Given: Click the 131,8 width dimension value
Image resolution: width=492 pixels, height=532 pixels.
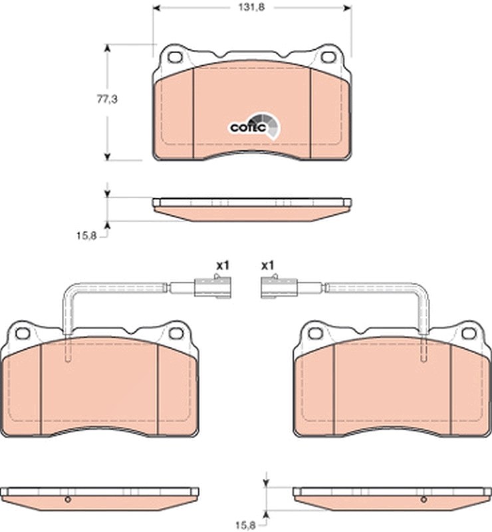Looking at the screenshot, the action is (x=251, y=7).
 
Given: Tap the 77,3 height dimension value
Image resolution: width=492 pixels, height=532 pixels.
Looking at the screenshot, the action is (x=107, y=99).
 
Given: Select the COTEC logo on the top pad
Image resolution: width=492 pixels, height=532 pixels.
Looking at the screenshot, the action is (x=255, y=126).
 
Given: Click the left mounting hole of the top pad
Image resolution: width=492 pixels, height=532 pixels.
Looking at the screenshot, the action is (x=175, y=57).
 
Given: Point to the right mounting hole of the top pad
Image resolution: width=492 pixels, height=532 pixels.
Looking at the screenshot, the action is (x=328, y=57).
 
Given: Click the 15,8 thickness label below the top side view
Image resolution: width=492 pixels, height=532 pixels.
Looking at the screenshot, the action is (x=86, y=235).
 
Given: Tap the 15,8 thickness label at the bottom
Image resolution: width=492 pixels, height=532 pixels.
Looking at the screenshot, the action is (x=245, y=525).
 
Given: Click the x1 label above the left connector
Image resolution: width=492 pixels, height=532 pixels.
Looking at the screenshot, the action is (x=223, y=265).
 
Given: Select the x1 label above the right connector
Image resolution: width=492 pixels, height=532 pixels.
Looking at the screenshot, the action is (x=267, y=265).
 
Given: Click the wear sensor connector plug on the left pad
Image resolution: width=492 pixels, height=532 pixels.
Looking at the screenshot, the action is (x=213, y=287).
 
